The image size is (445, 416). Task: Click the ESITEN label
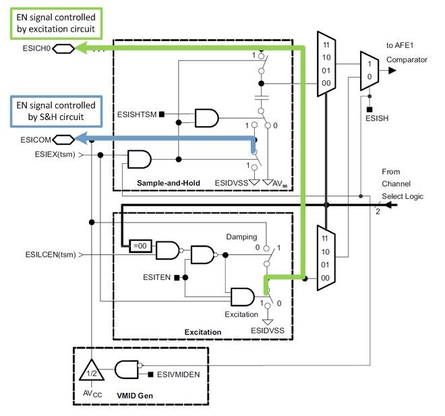(x=160, y=277)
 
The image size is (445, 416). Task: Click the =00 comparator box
(x=140, y=247)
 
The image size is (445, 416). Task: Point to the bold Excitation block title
(x=202, y=332)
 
